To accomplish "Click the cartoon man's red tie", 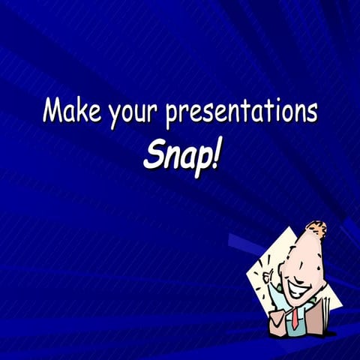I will (295, 317).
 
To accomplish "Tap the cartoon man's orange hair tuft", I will (317, 228).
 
